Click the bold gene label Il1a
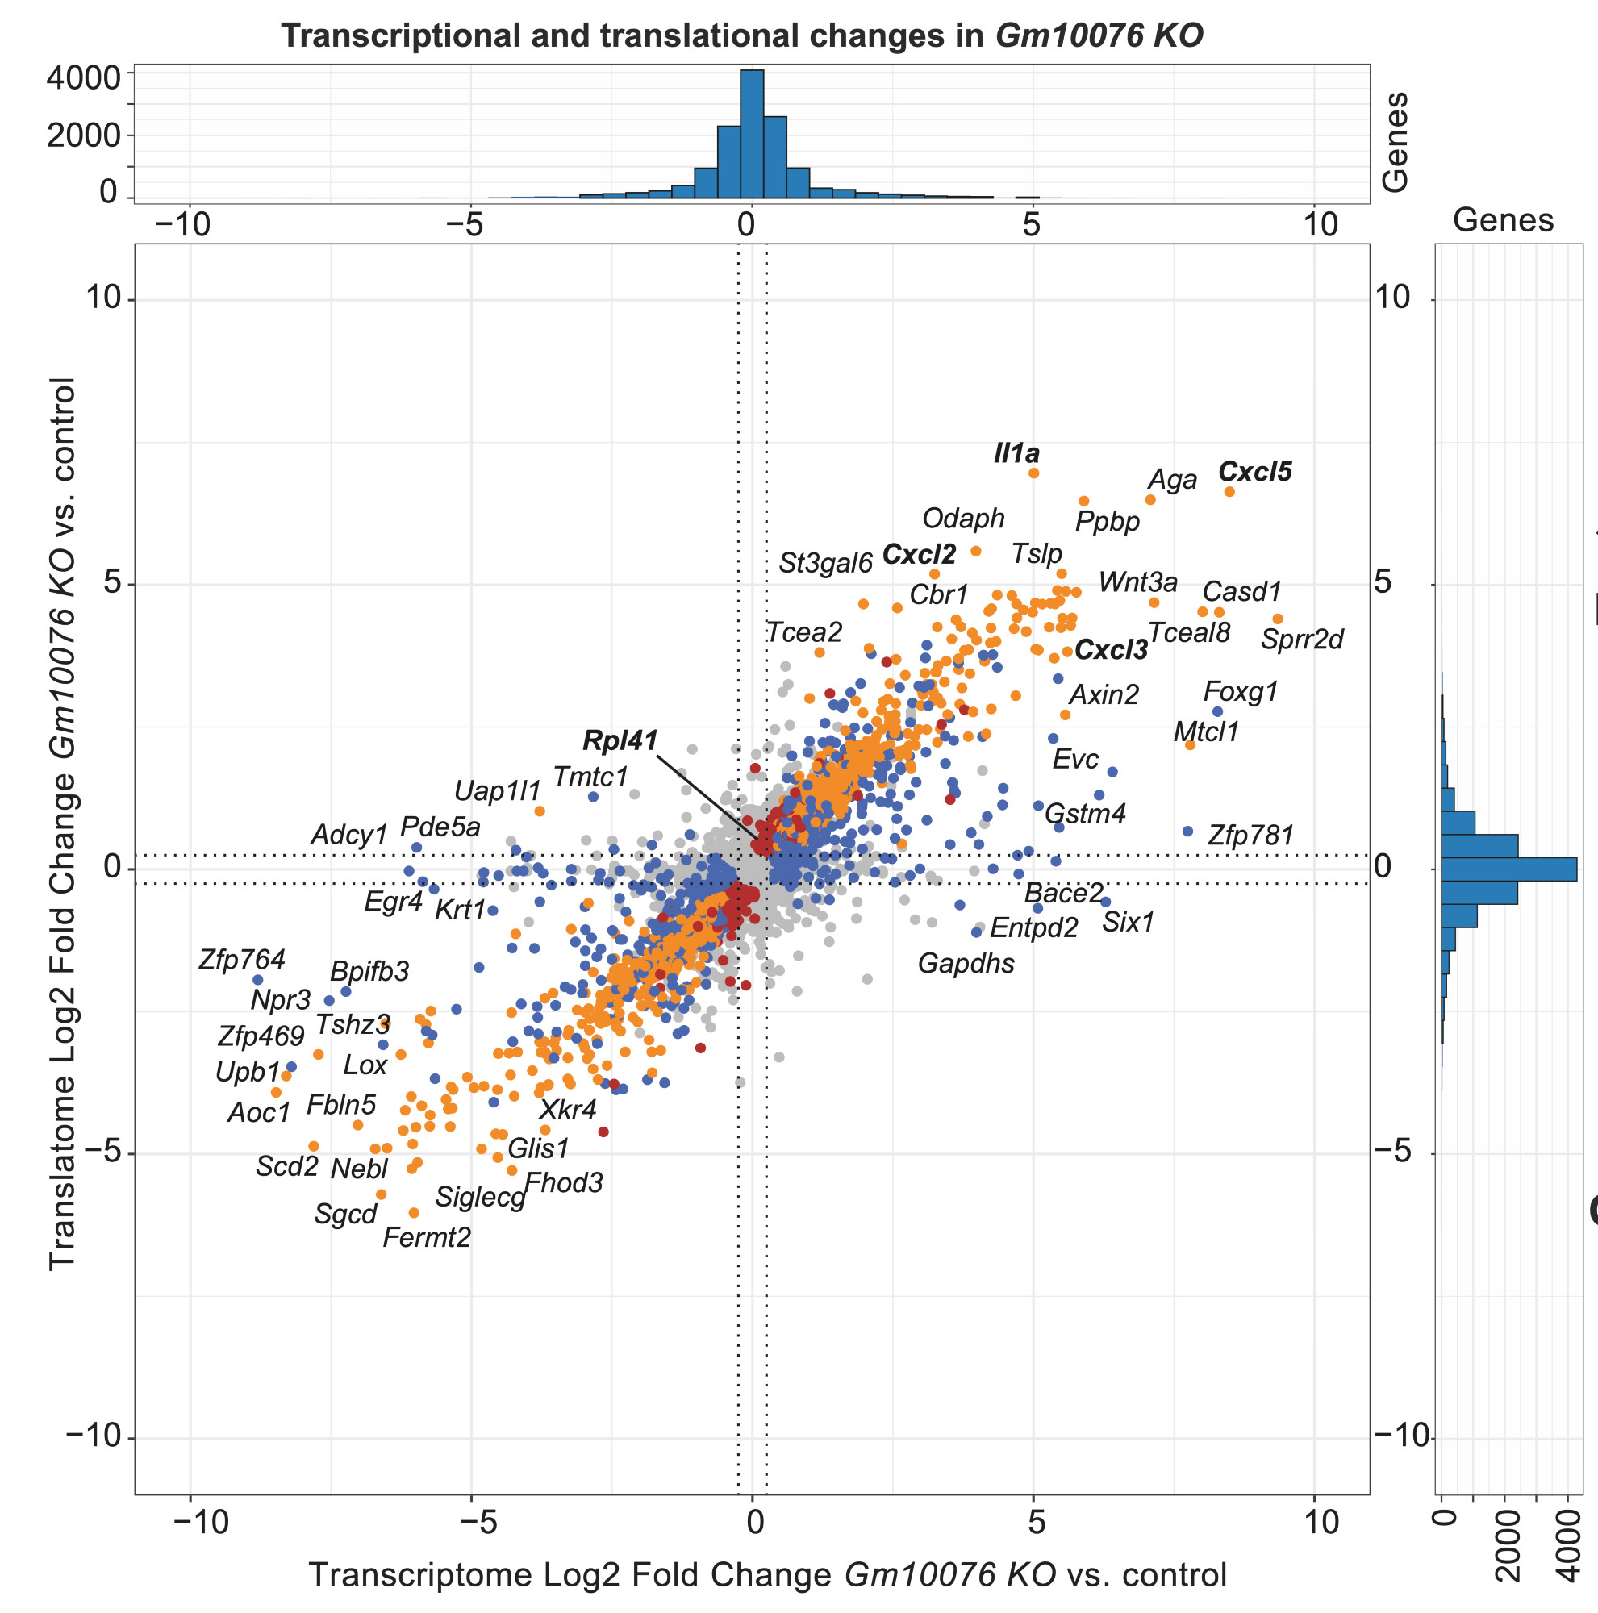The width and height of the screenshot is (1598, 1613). [1016, 453]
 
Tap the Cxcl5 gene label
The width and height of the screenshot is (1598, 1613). [1254, 472]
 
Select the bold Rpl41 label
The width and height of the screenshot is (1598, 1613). [620, 740]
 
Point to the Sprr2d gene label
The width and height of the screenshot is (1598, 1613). [1301, 640]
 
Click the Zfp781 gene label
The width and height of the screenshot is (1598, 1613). [1250, 835]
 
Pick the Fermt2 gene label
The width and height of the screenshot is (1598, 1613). [427, 1237]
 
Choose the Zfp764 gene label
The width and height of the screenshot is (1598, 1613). [241, 959]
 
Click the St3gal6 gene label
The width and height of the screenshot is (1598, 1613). [825, 564]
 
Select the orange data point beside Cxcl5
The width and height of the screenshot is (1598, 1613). [1229, 492]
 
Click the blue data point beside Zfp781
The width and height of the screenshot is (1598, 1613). [1188, 832]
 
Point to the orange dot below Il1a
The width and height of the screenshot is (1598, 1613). [1033, 473]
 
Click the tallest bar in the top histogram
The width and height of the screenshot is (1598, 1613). [752, 134]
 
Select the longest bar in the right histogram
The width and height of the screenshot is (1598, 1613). [1508, 869]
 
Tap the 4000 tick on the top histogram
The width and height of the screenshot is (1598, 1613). [84, 78]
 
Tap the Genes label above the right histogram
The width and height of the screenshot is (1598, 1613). [1503, 220]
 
